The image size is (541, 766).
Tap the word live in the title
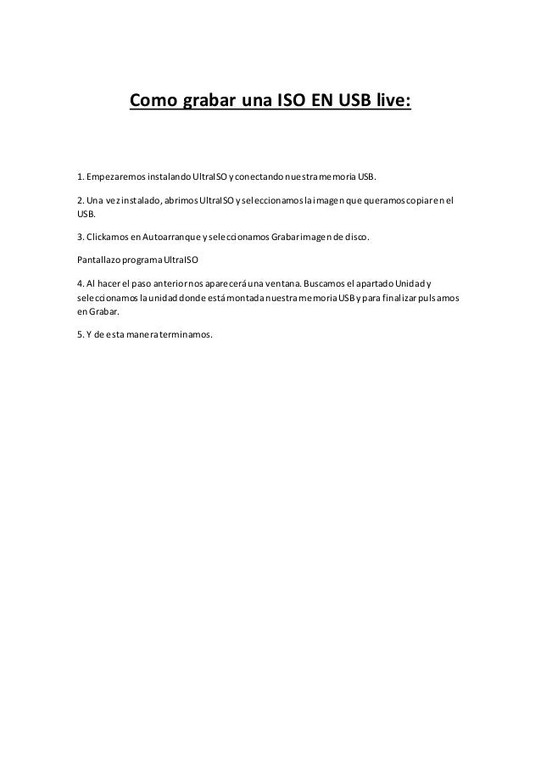tap(390, 103)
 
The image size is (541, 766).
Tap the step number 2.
tap(80, 201)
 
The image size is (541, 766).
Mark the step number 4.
tap(80, 282)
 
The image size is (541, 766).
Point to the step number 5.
tap(80, 334)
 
